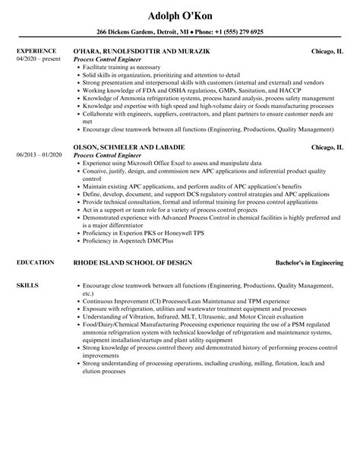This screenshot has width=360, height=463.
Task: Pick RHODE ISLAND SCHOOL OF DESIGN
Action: (x=132, y=262)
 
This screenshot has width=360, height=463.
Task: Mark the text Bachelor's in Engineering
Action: (x=308, y=262)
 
